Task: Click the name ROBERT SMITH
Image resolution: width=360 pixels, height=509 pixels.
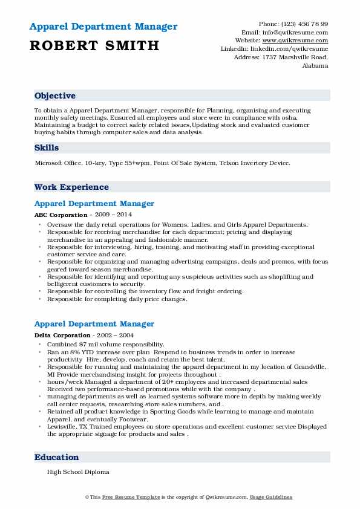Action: point(94,45)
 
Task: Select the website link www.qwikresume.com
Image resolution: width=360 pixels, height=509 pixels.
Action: point(301,41)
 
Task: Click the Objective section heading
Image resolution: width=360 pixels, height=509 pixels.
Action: point(55,96)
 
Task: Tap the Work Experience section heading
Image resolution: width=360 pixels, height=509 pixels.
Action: point(71,187)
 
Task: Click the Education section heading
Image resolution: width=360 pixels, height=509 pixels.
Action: point(57,458)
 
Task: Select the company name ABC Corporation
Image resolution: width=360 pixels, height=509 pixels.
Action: point(61,215)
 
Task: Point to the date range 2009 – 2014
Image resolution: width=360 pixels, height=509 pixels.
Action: point(113,215)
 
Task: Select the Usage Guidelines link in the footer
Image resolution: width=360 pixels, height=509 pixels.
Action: point(272,497)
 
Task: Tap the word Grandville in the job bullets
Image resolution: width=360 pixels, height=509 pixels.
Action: point(306,366)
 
